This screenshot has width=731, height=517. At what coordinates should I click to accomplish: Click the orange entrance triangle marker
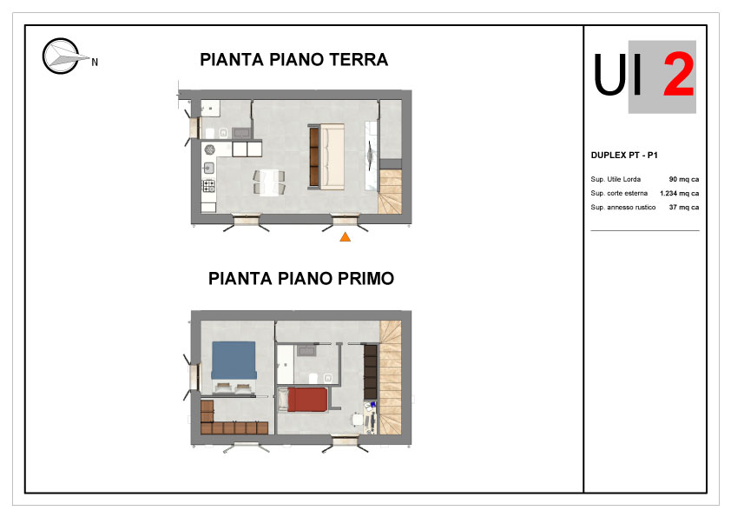pyautogui.click(x=345, y=237)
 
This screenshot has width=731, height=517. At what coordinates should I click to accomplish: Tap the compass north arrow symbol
pyautogui.click(x=62, y=56)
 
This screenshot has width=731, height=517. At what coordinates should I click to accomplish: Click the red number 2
pyautogui.click(x=678, y=74)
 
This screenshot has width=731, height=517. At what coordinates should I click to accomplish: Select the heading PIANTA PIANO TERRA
pyautogui.click(x=293, y=60)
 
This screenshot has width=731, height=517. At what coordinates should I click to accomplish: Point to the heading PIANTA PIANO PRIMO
pyautogui.click(x=301, y=279)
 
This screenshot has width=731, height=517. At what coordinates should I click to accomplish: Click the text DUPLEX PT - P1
pyautogui.click(x=624, y=156)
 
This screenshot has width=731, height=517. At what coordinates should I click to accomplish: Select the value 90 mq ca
pyautogui.click(x=684, y=179)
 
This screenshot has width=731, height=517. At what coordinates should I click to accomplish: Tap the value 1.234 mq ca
pyautogui.click(x=679, y=193)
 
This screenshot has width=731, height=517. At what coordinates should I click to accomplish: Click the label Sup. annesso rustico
pyautogui.click(x=622, y=207)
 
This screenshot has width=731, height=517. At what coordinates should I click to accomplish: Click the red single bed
pyautogui.click(x=307, y=400)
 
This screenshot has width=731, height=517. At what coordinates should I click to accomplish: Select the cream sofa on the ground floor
pyautogui.click(x=332, y=156)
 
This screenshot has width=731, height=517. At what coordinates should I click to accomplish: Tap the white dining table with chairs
pyautogui.click(x=269, y=182)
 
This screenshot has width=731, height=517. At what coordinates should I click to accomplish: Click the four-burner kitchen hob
pyautogui.click(x=209, y=186)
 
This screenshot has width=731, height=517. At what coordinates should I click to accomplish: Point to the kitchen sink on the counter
pyautogui.click(x=209, y=168)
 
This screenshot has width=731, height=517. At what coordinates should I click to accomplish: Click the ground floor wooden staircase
pyautogui.click(x=390, y=192)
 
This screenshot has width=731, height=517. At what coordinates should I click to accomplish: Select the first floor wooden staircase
pyautogui.click(x=391, y=377)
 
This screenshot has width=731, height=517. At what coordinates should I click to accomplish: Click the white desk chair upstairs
pyautogui.click(x=358, y=419)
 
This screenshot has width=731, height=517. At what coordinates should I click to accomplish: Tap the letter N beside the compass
pyautogui.click(x=95, y=62)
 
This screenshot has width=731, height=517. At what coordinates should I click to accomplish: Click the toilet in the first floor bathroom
pyautogui.click(x=313, y=377)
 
